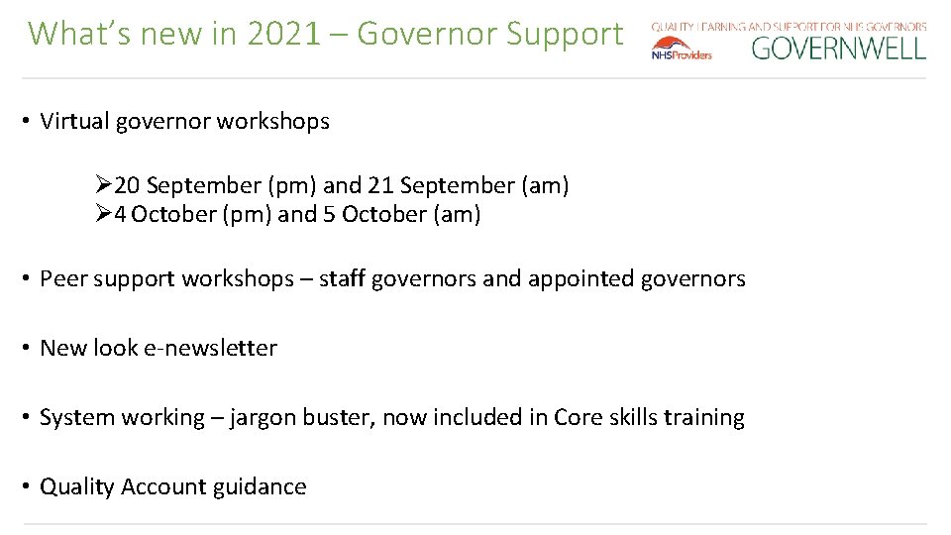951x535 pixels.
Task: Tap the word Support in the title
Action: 565,36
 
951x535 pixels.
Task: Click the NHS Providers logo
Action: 682,49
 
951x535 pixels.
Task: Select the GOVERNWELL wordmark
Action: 838,48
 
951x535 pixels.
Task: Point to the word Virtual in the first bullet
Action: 74,122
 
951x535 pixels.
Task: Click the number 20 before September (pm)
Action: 127,185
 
